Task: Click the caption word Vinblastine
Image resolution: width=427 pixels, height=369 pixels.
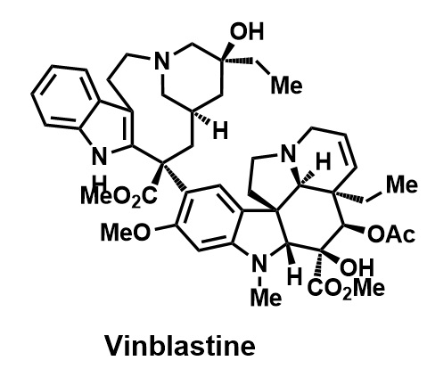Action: coord(180,345)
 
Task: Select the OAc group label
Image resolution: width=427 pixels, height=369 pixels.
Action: coord(390,234)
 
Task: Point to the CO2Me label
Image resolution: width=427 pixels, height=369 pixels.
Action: coord(346,288)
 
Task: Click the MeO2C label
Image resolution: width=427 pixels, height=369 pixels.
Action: coord(119,196)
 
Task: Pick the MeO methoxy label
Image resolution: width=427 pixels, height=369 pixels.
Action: coord(125,232)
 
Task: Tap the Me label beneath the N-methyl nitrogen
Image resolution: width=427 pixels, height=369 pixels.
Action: coord(266,298)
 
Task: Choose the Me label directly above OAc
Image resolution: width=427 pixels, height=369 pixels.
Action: coord(402,184)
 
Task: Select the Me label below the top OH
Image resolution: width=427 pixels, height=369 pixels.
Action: coord(286,85)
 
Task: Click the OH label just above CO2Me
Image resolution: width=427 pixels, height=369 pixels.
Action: coord(357,267)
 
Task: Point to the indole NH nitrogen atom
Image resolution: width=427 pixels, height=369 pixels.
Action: coord(100,156)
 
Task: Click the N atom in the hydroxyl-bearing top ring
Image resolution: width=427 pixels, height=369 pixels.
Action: coord(162,61)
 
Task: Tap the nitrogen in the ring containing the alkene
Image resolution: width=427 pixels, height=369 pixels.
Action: coord(289,153)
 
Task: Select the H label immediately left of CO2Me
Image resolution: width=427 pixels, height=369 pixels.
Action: coord(295,276)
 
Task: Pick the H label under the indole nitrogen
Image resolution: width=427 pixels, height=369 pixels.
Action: coord(100,180)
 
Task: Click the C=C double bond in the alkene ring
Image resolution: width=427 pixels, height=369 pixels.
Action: coord(349,152)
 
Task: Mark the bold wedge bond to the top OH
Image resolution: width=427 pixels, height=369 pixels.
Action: coord(228,52)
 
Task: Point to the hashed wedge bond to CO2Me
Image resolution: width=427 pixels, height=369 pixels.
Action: coord(320,266)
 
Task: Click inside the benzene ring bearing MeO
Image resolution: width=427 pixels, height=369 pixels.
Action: coord(208,218)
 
